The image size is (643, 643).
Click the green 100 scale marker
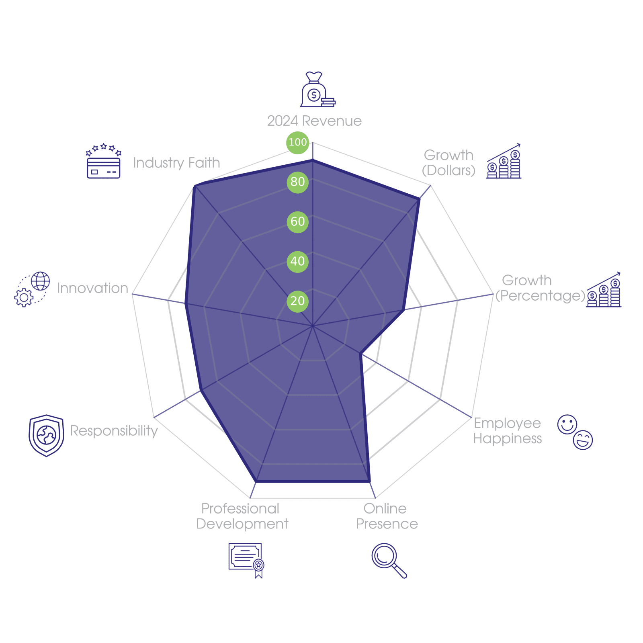297,142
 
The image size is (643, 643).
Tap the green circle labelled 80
297,182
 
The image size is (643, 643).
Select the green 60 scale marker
297,221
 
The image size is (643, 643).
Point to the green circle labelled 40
297,261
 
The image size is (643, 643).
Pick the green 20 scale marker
297,301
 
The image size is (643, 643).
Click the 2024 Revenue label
314,121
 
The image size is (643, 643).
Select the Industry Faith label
176,163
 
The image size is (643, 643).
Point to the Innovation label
92,288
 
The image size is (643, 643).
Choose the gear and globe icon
32,289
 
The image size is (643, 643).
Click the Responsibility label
114,431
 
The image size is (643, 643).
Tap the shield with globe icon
46,436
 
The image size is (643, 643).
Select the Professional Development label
242,516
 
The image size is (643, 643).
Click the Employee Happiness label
508,431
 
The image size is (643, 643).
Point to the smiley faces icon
575,432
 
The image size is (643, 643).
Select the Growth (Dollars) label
448,163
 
